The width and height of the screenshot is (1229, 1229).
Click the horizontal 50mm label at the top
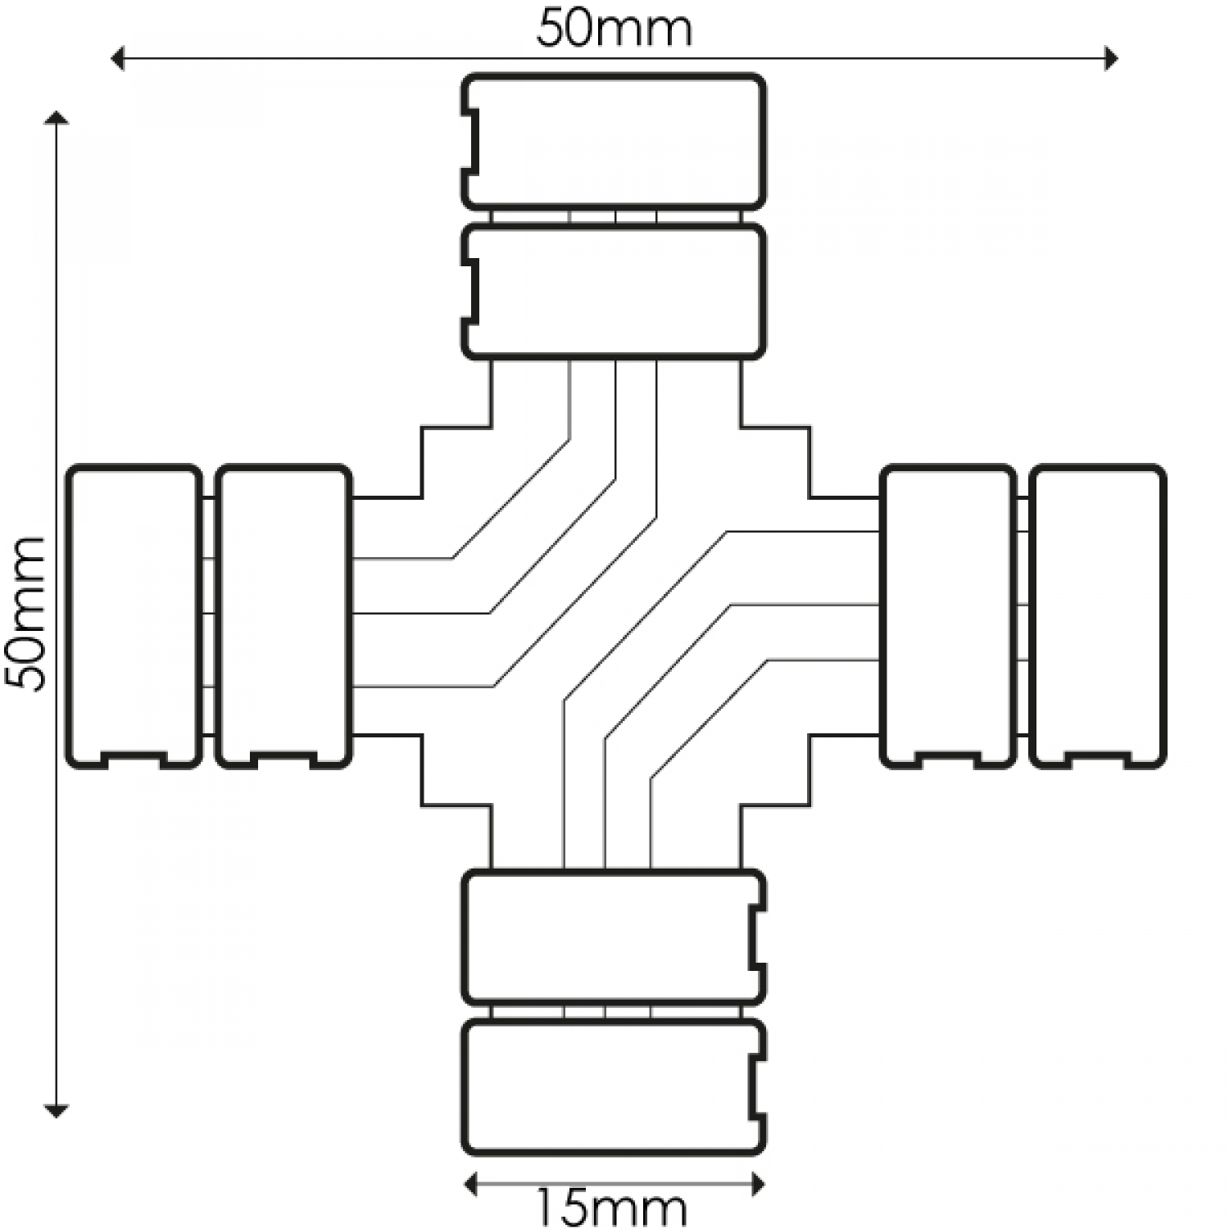pyautogui.click(x=614, y=29)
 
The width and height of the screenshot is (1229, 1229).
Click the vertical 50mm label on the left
pyautogui.click(x=25, y=614)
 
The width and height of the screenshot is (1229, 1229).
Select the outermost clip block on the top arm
pyautogui.click(x=614, y=142)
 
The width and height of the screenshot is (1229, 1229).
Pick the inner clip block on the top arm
pyautogui.click(x=614, y=292)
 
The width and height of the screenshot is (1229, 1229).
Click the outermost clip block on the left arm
pyautogui.click(x=134, y=616)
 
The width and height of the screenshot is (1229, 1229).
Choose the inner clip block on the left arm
pyautogui.click(x=283, y=616)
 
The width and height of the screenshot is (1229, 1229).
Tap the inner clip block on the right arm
pyautogui.click(x=948, y=616)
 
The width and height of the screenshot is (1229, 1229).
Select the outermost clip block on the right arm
pyautogui.click(x=1097, y=616)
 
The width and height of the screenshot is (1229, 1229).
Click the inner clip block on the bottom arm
pyautogui.click(x=614, y=937)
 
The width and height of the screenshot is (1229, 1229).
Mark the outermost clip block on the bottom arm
pyautogui.click(x=614, y=1086)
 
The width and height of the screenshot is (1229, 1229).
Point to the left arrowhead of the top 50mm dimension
pyautogui.click(x=117, y=58)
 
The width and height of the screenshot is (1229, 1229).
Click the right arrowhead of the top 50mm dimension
pyautogui.click(x=1111, y=58)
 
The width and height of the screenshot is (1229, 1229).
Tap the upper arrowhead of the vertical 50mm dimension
pyautogui.click(x=56, y=118)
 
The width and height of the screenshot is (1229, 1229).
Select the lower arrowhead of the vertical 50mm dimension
pyautogui.click(x=56, y=1111)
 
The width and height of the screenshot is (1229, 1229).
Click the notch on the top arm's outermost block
pyautogui.click(x=472, y=142)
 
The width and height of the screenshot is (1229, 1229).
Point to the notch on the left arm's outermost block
pyautogui.click(x=134, y=759)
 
